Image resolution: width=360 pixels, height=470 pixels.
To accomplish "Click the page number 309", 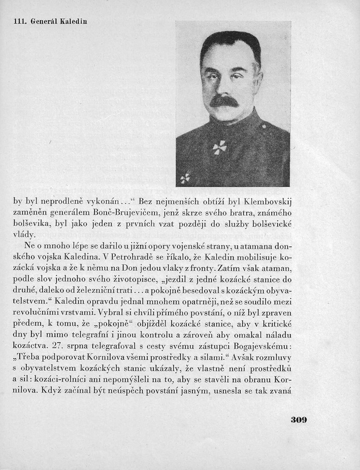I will coord(300,420).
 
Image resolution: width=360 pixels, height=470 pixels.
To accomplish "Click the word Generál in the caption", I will coord(45,22).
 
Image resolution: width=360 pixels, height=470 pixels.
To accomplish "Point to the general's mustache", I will coord(224,101).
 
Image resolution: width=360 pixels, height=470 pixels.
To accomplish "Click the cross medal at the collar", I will coord(219,147).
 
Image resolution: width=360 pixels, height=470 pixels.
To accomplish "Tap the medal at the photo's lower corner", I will coord(185,178).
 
